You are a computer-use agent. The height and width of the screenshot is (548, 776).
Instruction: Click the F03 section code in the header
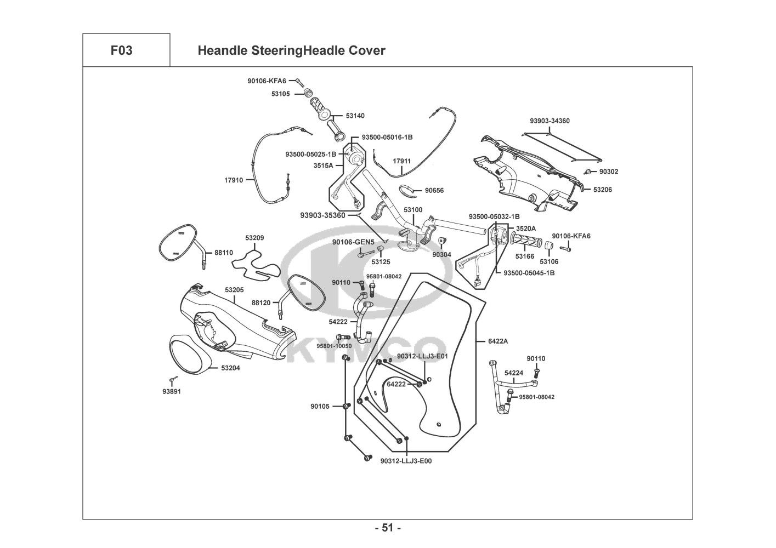(x=121, y=51)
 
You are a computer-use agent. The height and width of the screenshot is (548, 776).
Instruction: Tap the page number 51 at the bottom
(x=388, y=528)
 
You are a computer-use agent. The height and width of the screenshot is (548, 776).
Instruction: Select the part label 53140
(x=355, y=116)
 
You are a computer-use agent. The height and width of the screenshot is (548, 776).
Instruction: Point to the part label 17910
(x=234, y=180)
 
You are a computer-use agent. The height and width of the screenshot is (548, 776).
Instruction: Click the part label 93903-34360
(x=550, y=121)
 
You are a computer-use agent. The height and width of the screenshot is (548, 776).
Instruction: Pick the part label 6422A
(x=498, y=341)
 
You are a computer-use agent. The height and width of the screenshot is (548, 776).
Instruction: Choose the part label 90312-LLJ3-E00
(x=406, y=461)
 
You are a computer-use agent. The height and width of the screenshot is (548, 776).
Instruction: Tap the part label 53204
(x=230, y=368)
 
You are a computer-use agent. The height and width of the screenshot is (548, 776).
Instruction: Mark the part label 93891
(x=171, y=391)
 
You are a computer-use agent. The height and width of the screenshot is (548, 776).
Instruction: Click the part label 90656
(x=434, y=191)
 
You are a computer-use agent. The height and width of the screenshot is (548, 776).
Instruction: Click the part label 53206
(x=602, y=190)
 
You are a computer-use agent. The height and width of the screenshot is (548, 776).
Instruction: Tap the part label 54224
(x=513, y=373)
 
